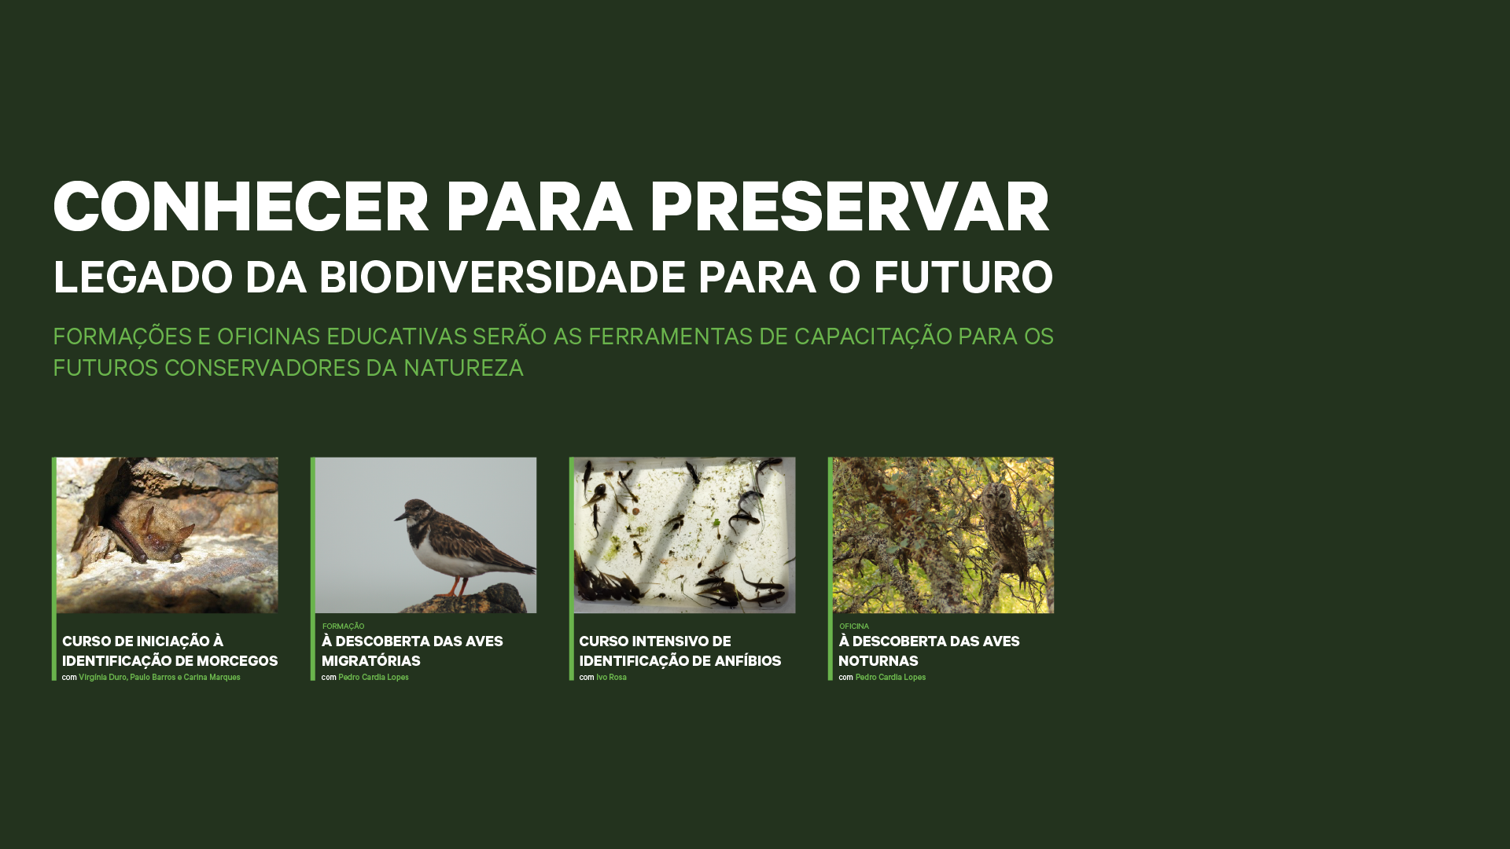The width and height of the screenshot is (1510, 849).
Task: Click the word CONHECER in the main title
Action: point(241,208)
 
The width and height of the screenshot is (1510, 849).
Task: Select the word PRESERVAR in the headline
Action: point(849,208)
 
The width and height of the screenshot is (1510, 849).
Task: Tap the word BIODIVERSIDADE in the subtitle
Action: point(502,277)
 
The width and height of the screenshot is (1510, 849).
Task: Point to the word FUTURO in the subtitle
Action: point(963,277)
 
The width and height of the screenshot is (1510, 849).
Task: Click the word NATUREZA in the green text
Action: point(463,368)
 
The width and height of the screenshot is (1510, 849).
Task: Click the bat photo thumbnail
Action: point(167,535)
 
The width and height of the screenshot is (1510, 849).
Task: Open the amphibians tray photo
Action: point(684,535)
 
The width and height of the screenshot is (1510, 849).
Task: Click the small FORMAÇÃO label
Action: point(343,627)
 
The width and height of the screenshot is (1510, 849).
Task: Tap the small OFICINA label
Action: point(854,627)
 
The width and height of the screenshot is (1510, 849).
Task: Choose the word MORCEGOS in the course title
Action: point(237,661)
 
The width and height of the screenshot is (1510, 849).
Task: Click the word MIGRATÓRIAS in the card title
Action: point(371,661)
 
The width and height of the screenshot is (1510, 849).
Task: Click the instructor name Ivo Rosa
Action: point(611,678)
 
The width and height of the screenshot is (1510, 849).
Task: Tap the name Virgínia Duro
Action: point(102,678)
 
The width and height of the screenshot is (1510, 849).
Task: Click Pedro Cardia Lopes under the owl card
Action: point(890,678)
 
